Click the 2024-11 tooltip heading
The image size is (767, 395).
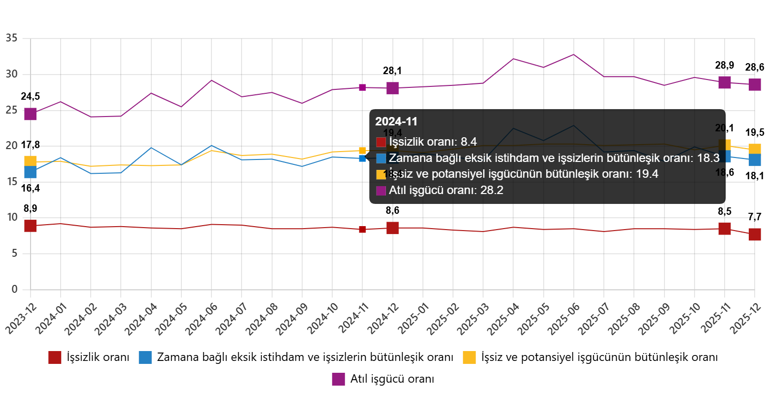tap(396, 121)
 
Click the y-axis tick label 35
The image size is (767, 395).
tap(11, 38)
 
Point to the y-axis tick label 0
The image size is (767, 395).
tap(14, 289)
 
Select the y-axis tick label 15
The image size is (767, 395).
tap(11, 181)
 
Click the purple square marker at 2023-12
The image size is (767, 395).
tap(31, 114)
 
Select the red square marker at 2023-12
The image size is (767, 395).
tap(31, 226)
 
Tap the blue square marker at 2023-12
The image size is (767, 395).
tap(31, 172)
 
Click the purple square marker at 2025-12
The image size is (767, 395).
tap(755, 84)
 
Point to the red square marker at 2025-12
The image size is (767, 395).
tap(755, 235)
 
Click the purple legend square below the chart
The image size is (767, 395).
tap(338, 379)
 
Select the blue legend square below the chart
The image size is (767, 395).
tap(145, 357)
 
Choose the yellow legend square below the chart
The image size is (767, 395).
tap(469, 357)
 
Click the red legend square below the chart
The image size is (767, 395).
tap(55, 357)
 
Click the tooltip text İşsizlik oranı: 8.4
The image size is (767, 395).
tap(433, 142)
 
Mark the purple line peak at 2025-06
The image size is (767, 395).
tap(573, 54)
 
